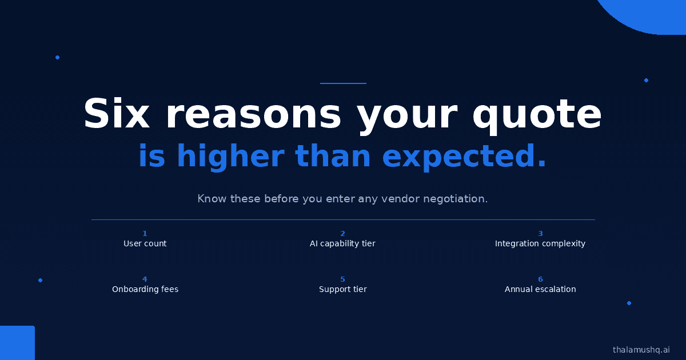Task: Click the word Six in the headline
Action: (x=117, y=113)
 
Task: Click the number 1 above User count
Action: (x=145, y=234)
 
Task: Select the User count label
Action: (x=145, y=243)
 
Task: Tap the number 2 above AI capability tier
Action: (x=342, y=234)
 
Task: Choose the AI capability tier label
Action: (x=342, y=243)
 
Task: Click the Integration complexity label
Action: (x=540, y=243)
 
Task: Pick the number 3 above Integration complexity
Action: (x=541, y=234)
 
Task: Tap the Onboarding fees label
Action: (x=145, y=289)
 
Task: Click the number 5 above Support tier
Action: (x=342, y=279)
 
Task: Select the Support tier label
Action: (x=342, y=289)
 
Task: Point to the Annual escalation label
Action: (x=540, y=289)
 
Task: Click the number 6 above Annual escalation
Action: (x=541, y=279)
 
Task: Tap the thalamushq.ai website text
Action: (x=641, y=350)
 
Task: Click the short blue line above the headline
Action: (x=343, y=83)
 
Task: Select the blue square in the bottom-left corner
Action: (x=17, y=343)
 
